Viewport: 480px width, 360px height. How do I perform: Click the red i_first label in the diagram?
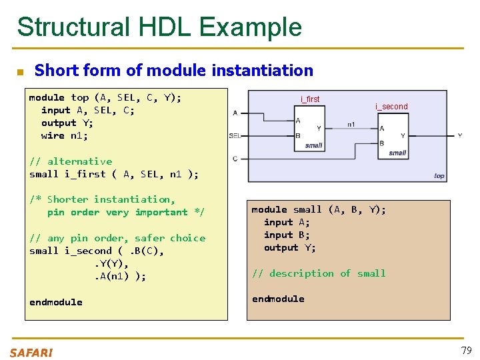(310, 99)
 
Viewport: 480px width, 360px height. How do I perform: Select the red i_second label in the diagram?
(391, 107)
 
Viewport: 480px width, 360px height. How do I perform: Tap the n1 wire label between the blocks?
(351, 124)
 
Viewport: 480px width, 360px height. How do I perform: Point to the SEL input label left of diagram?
(235, 135)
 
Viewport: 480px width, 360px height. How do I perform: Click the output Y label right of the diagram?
(459, 135)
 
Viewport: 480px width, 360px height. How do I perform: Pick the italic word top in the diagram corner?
(439, 176)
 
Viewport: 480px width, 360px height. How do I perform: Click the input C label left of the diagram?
(235, 159)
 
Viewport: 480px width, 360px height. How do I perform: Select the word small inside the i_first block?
(313, 145)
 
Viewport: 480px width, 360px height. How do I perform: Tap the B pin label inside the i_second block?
(381, 143)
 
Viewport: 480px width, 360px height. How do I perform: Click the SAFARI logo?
(31, 353)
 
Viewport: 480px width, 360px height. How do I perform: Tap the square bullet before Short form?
(20, 71)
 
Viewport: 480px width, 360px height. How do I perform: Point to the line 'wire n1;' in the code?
(64, 135)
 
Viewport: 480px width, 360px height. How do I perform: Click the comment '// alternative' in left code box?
(71, 161)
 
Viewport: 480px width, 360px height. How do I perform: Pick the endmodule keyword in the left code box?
(56, 302)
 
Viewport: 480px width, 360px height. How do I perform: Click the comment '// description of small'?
(318, 273)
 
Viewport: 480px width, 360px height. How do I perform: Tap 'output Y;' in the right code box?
(290, 247)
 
